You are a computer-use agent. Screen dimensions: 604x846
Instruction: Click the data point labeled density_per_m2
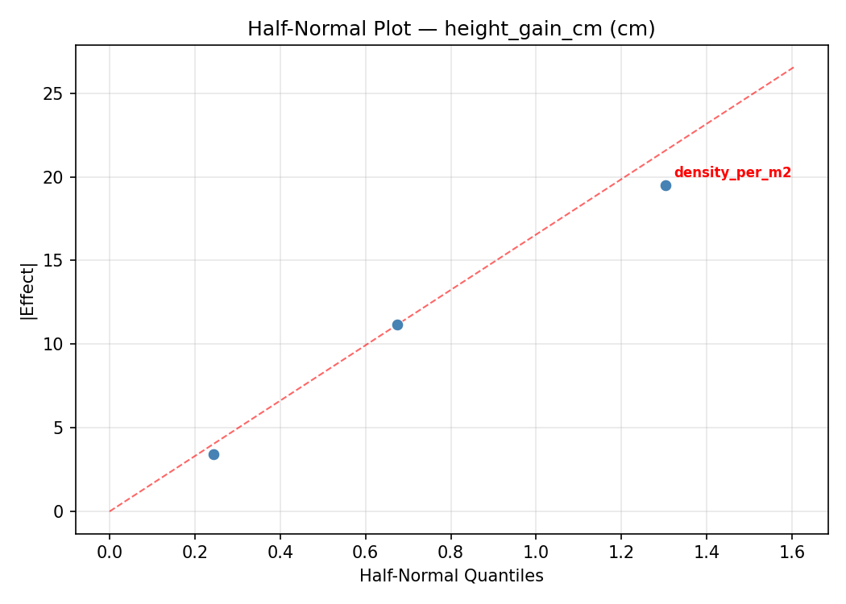[x=666, y=185]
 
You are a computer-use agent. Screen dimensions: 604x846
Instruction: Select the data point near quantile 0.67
[x=397, y=325]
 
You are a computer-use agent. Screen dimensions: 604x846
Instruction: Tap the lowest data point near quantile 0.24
[x=214, y=454]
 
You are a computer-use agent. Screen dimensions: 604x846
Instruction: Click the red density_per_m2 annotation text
[x=732, y=172]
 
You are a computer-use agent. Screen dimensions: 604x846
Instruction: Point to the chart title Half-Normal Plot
[x=451, y=29]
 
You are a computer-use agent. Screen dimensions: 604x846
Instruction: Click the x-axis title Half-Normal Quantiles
[x=451, y=576]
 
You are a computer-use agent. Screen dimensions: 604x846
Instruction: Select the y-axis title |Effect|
[x=29, y=289]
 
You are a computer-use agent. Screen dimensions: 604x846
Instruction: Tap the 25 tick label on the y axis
[x=54, y=93]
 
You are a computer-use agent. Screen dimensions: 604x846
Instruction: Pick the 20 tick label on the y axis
[x=54, y=177]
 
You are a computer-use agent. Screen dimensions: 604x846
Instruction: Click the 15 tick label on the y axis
[x=54, y=261]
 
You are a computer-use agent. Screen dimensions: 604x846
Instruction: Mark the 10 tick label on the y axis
[x=54, y=344]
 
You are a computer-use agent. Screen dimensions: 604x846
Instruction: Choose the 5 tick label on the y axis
[x=59, y=428]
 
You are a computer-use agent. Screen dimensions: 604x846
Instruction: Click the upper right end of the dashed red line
[x=794, y=67]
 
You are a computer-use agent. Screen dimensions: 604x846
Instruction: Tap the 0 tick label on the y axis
[x=59, y=511]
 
